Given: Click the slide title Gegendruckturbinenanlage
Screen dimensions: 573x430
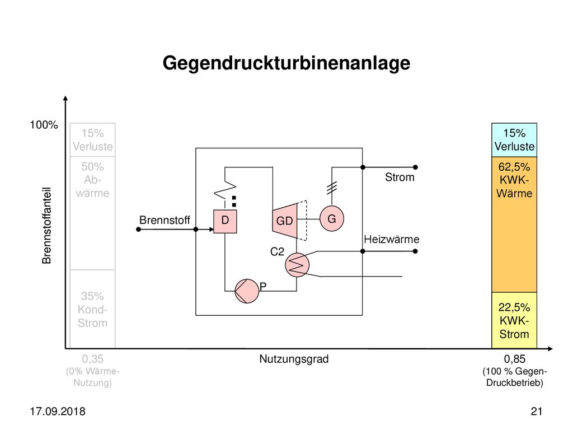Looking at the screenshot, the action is (286, 63).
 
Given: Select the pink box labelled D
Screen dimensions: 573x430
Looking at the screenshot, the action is (225, 221).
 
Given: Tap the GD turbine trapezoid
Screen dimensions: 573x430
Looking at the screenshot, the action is (285, 221).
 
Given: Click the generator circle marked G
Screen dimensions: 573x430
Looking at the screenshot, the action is (331, 219).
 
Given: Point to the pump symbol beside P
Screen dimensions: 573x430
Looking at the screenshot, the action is (247, 291).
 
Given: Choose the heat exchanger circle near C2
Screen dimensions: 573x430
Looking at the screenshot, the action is (297, 265).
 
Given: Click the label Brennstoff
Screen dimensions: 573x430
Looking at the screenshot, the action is (165, 220).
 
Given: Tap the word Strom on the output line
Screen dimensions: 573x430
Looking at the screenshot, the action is (400, 177).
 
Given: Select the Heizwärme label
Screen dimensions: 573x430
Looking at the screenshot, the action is (391, 240).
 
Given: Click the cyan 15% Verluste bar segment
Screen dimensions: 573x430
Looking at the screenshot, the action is (514, 140).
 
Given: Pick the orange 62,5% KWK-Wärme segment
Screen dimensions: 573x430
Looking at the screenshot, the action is (514, 225).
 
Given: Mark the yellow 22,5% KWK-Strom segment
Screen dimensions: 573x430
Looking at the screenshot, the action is (514, 320).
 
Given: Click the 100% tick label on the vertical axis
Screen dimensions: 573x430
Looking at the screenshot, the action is (44, 125).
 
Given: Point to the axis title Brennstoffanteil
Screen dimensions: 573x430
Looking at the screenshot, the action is (46, 226).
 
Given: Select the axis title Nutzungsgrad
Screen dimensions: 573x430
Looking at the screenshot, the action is (294, 359).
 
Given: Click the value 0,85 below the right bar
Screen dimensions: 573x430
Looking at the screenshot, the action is (514, 359).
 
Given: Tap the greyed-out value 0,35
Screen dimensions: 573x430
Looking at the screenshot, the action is (92, 359).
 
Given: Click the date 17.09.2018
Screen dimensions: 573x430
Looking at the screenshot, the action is (58, 412).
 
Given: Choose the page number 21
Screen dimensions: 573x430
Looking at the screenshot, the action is (537, 412).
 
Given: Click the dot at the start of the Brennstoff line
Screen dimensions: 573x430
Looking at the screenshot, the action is (139, 229).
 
